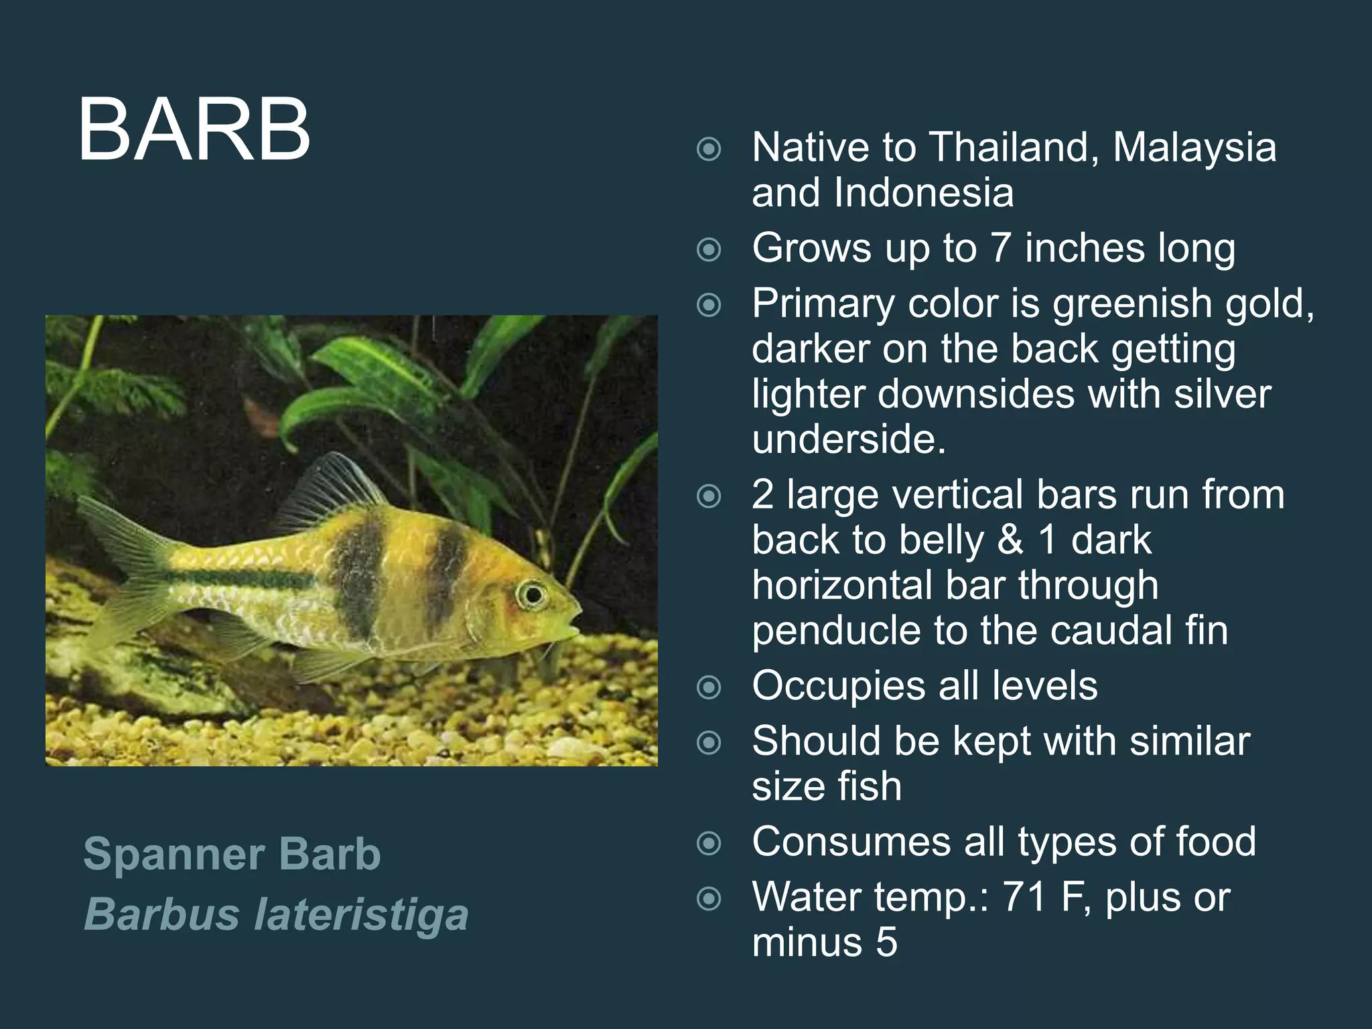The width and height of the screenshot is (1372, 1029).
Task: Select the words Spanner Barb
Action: (232, 854)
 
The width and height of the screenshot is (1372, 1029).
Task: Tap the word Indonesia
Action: (924, 193)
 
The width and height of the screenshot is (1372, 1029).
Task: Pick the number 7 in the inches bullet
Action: (1000, 248)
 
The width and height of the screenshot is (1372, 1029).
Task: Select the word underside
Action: (848, 439)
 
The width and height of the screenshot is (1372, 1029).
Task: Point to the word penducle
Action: (837, 630)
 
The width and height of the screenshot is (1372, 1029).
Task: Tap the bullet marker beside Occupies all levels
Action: (709, 687)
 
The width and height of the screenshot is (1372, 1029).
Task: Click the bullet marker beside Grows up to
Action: (709, 250)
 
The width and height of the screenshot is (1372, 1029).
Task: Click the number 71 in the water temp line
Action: (1024, 897)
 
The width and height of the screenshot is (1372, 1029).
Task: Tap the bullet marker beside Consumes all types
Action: (709, 843)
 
